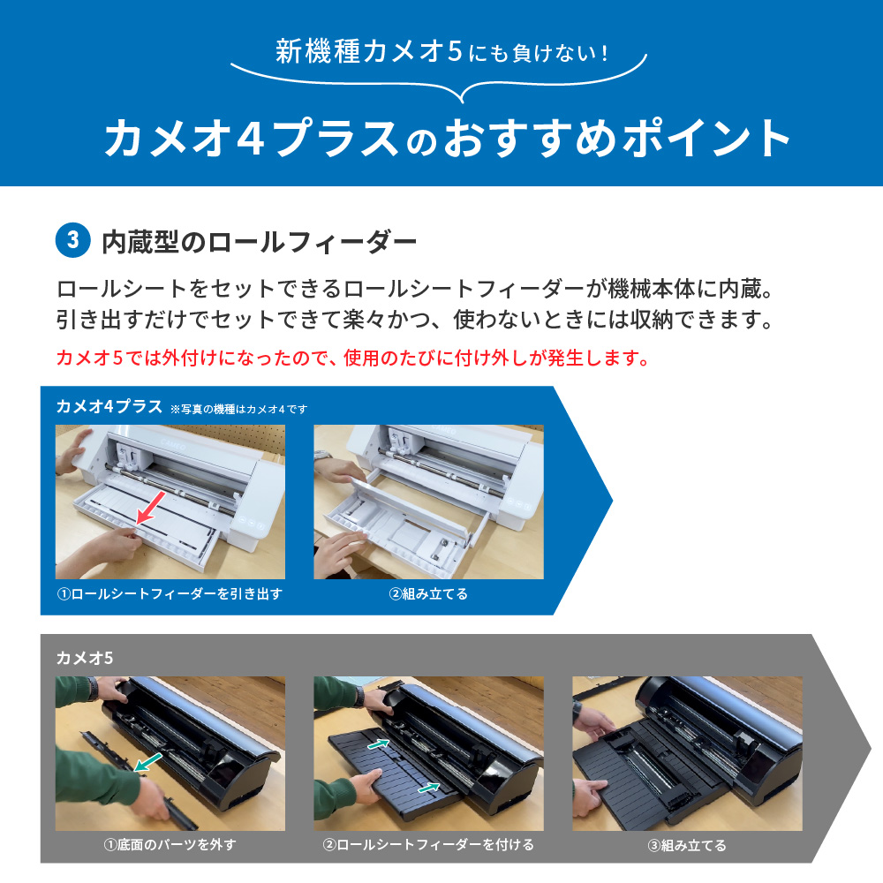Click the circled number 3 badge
tap(72, 240)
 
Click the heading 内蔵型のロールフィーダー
tap(259, 240)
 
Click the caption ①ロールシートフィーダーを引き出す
tap(170, 593)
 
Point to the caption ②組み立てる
tap(428, 593)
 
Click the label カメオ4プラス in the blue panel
tap(109, 407)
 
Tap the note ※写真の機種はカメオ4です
tap(238, 409)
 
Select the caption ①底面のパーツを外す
tap(170, 844)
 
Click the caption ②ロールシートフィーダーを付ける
tap(428, 844)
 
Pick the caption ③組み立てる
tap(687, 844)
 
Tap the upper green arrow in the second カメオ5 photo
tap(379, 745)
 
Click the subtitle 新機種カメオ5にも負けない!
tap(441, 53)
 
